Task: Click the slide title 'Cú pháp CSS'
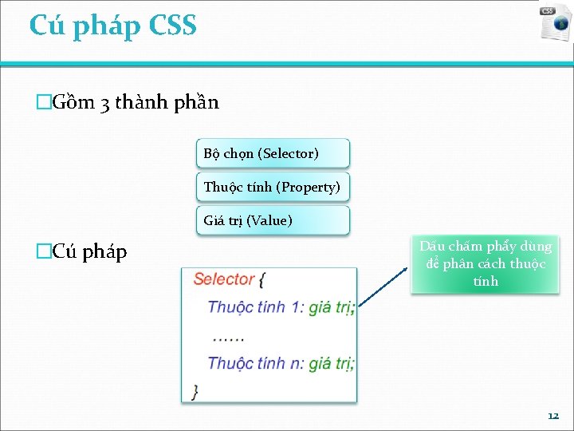click(112, 26)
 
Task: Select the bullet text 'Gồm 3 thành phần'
click(134, 103)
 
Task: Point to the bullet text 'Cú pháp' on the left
click(88, 252)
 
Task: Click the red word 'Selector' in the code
click(224, 279)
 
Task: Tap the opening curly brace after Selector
click(262, 280)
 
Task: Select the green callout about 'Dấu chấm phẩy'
click(485, 263)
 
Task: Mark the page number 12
click(553, 416)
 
